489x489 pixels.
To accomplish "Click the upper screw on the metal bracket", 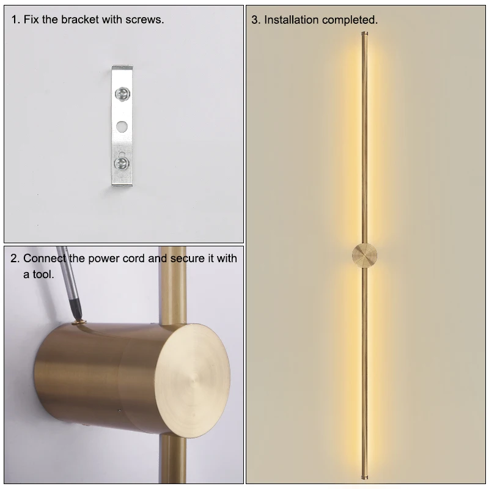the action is coord(122,94).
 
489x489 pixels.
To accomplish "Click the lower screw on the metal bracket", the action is coord(122,163).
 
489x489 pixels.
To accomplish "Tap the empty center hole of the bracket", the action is coord(122,127).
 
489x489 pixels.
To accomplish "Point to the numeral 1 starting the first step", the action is coord(15,20).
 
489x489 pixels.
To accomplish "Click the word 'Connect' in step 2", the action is coord(45,258).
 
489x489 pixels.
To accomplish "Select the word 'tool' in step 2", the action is coord(42,274).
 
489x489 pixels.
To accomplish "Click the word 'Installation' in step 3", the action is coord(292,20).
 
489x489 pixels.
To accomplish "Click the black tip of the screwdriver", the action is coord(77,309).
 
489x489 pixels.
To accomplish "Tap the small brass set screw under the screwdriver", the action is coord(79,322).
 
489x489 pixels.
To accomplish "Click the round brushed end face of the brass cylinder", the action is coord(192,380).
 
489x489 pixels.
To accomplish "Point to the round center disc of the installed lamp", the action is coord(364,256).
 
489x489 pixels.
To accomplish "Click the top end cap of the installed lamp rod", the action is coord(364,34).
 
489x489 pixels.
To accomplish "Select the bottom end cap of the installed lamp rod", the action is coord(364,477).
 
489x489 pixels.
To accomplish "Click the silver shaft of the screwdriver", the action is coord(67,272).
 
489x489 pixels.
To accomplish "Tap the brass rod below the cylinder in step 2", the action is coord(173,459).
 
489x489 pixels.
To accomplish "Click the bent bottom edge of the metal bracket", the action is coord(122,185).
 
